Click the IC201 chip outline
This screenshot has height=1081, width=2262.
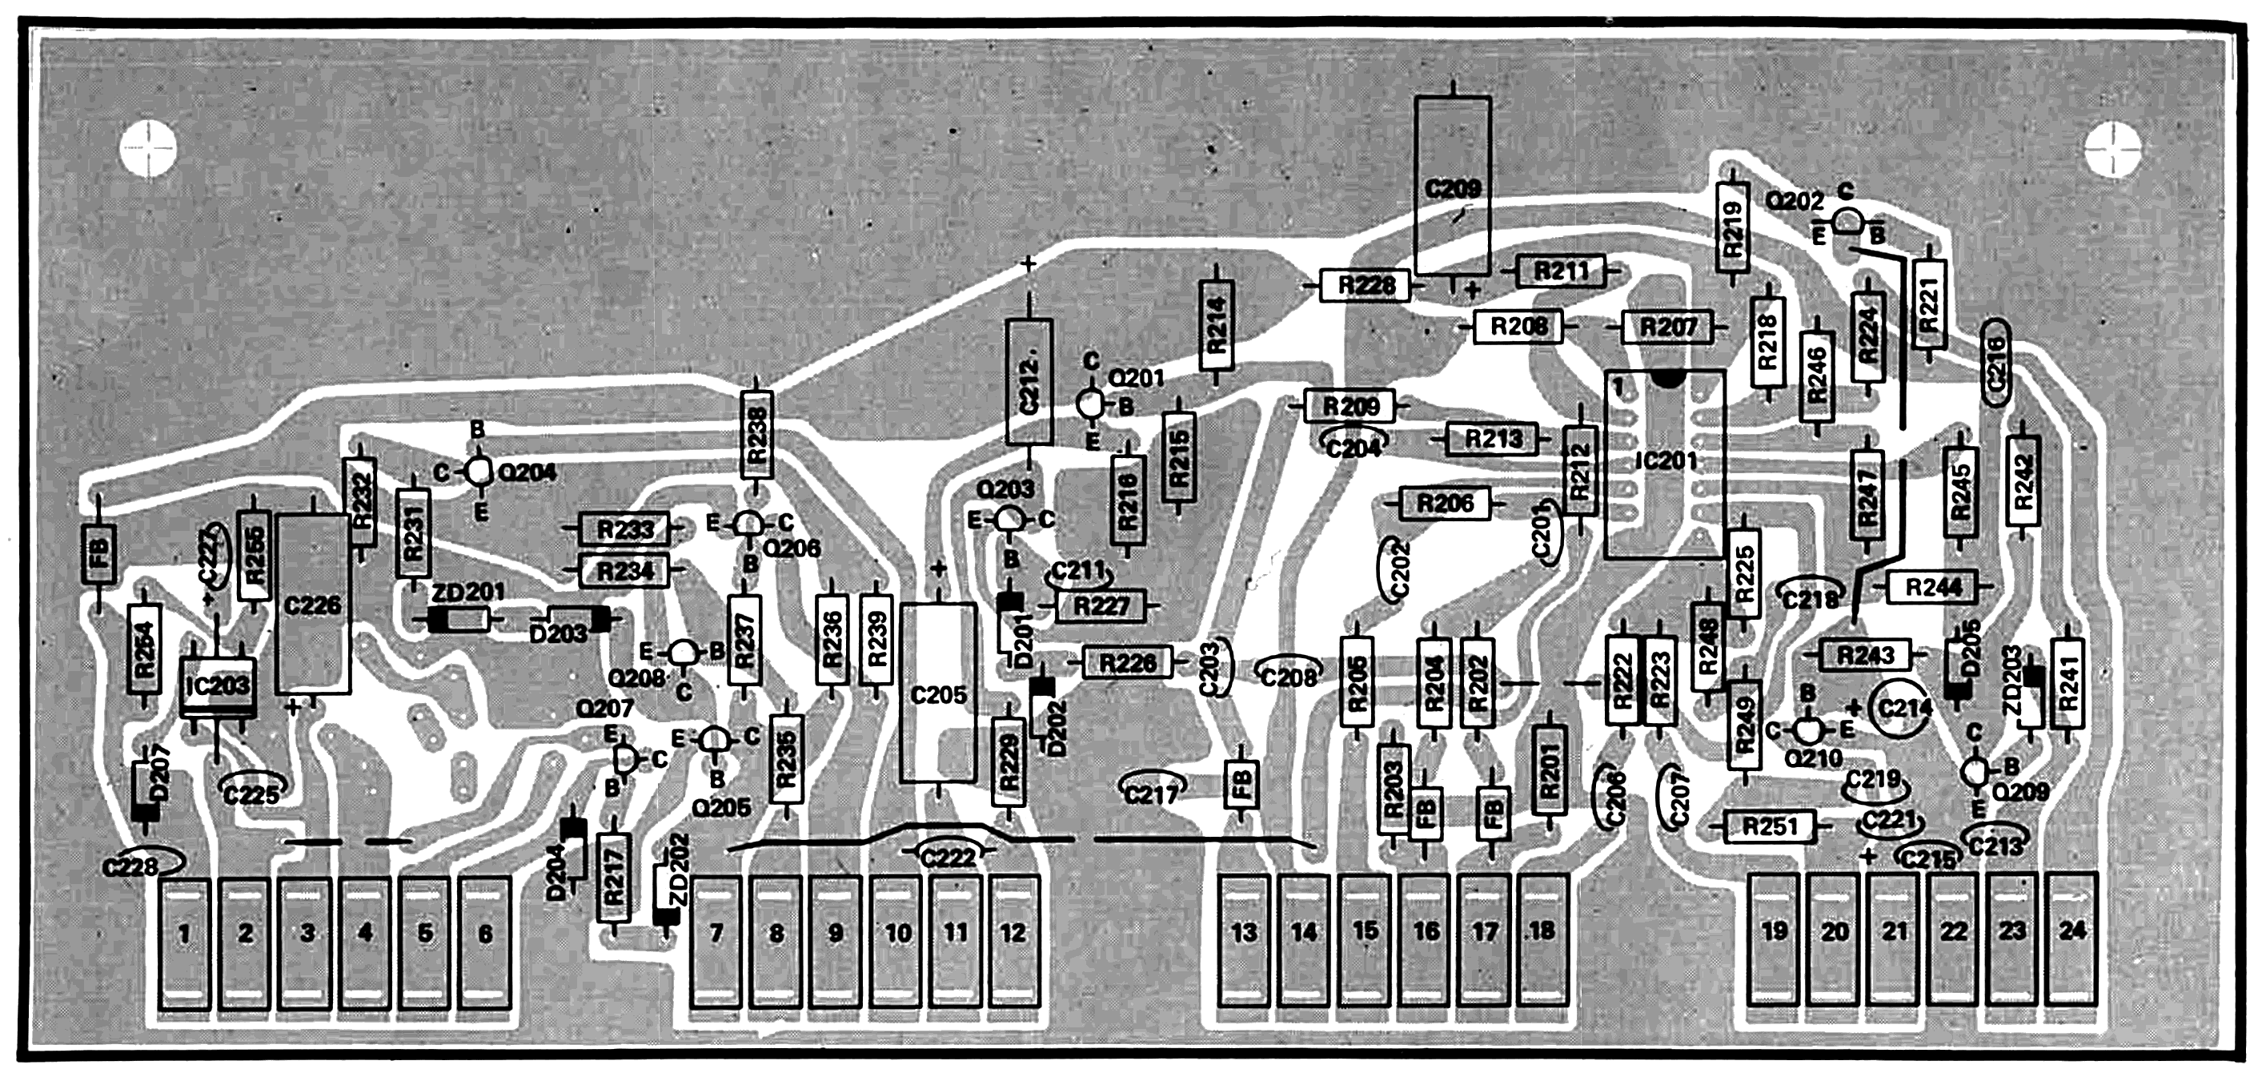click(1665, 464)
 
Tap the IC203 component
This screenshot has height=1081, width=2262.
click(218, 685)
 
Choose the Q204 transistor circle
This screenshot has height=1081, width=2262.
click(478, 472)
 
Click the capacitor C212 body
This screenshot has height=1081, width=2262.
click(1029, 382)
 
